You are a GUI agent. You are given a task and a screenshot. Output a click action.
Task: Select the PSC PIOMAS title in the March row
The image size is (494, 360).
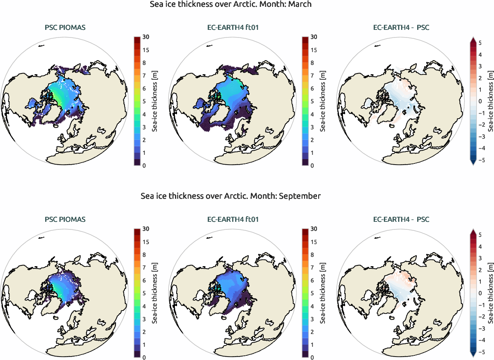pos(65,28)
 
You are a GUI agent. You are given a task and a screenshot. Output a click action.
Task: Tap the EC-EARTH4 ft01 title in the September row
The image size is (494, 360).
pos(233,220)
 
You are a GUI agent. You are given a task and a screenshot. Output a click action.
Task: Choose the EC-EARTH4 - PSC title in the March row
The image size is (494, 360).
pos(401,28)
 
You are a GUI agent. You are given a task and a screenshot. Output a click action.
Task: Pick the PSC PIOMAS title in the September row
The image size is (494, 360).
pos(65,220)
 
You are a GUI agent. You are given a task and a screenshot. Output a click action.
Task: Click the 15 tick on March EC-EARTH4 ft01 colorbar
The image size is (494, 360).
pos(314,50)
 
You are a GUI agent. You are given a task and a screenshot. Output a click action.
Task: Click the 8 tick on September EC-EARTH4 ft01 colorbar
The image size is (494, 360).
pos(312,255)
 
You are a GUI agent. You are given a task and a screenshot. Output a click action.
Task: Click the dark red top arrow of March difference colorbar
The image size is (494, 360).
pos(473,40)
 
